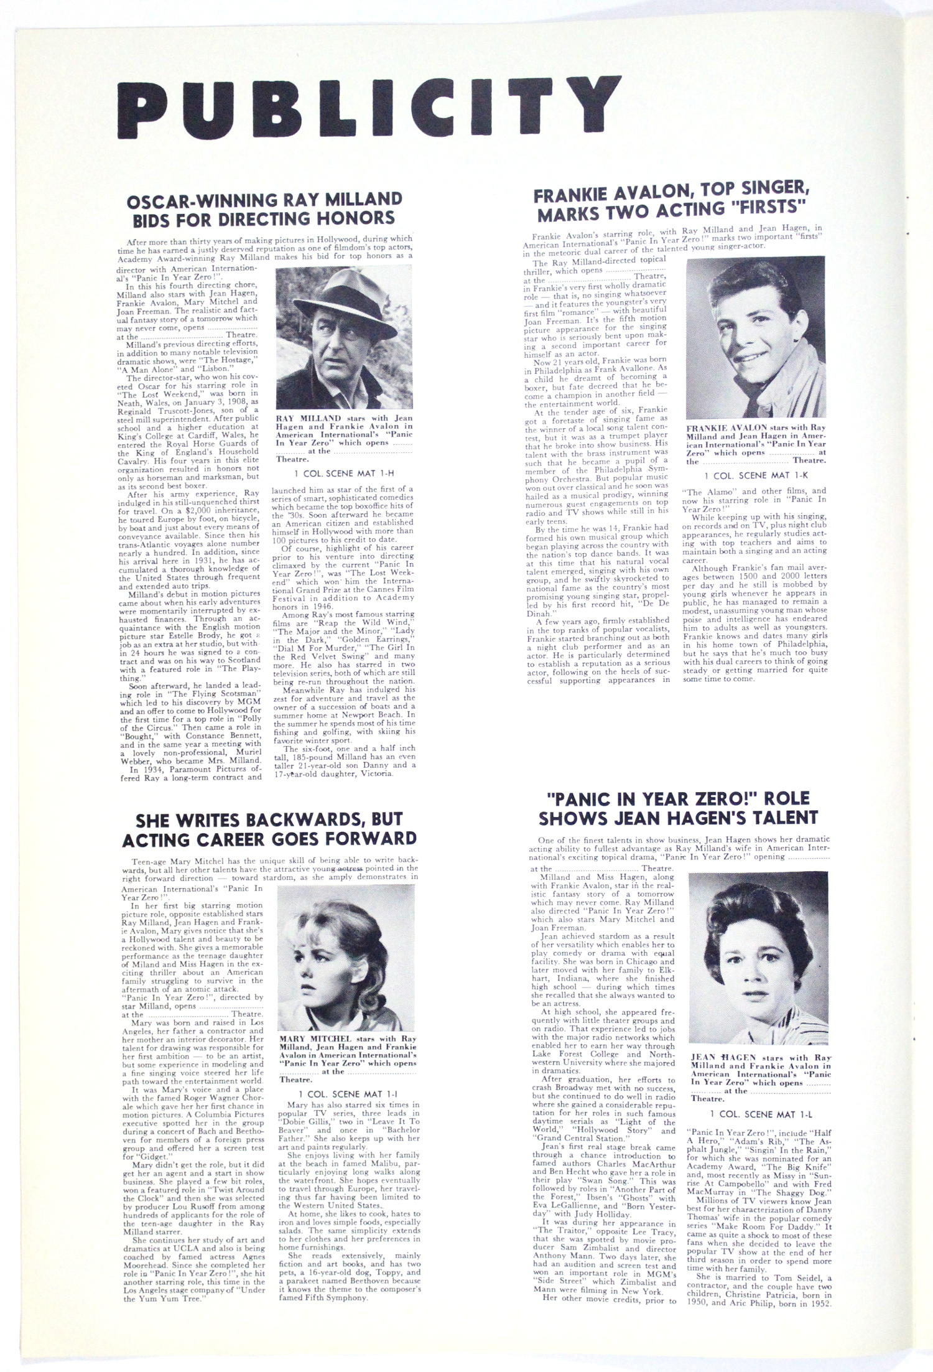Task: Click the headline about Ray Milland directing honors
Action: point(264,209)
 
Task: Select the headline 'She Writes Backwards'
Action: point(269,829)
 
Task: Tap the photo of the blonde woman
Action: point(346,958)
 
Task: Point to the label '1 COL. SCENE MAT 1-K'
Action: point(755,476)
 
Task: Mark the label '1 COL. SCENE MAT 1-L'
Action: point(759,1114)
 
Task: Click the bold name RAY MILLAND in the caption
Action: point(309,418)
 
